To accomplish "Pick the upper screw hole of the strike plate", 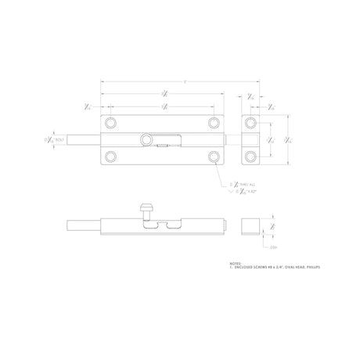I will (x=250, y=123).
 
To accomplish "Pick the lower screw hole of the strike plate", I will (x=250, y=156).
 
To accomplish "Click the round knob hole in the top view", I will (x=146, y=139).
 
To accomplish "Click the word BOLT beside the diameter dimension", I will (x=60, y=140).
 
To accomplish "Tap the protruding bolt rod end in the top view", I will (x=81, y=140).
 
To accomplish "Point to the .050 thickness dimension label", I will (x=273, y=247).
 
